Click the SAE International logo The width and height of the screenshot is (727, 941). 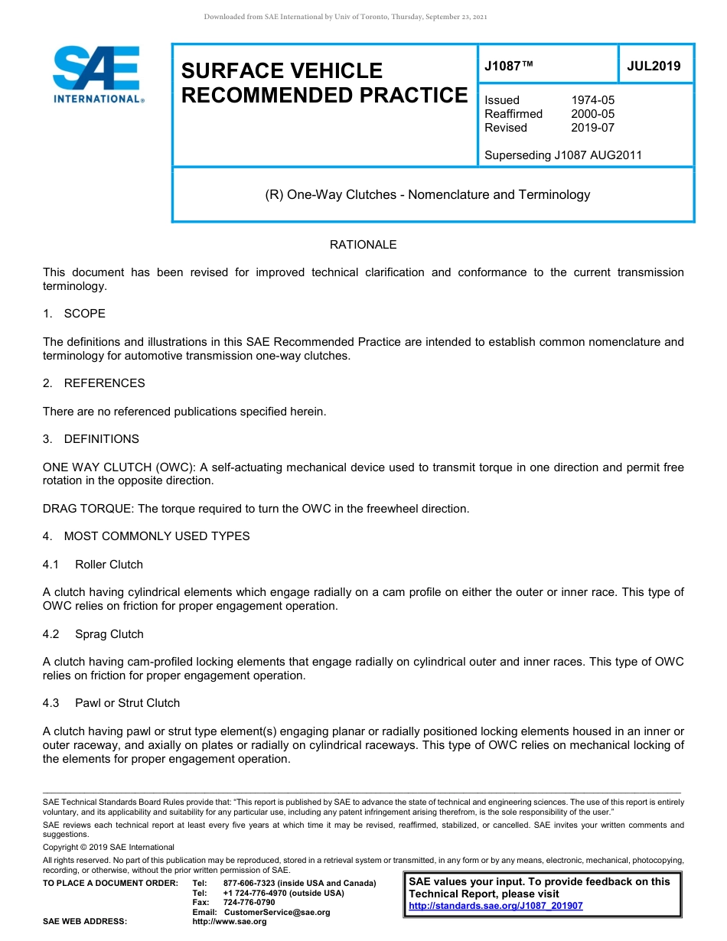click(x=97, y=74)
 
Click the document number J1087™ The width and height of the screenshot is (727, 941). click(x=508, y=66)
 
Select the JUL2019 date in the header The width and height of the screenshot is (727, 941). click(x=654, y=66)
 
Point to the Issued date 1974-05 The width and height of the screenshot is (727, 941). click(x=592, y=100)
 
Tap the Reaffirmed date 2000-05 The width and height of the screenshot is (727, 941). click(x=592, y=114)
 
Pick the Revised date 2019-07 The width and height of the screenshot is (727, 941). click(x=592, y=128)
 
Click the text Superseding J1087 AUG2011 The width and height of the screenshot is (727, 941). click(x=562, y=155)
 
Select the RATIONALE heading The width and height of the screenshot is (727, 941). click(x=363, y=245)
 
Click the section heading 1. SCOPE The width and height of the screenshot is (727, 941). click(x=74, y=314)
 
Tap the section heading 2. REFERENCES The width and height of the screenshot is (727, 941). click(x=93, y=383)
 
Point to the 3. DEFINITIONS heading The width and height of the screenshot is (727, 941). click(x=91, y=439)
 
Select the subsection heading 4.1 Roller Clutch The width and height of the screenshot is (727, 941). click(x=93, y=565)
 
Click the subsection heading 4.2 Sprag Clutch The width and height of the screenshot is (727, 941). click(x=93, y=634)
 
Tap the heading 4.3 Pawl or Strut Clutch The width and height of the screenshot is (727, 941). click(x=111, y=703)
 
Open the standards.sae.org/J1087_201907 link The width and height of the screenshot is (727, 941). click(x=495, y=906)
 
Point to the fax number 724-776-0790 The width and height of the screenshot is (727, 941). click(x=249, y=903)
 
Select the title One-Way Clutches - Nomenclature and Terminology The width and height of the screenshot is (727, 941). click(x=427, y=194)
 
